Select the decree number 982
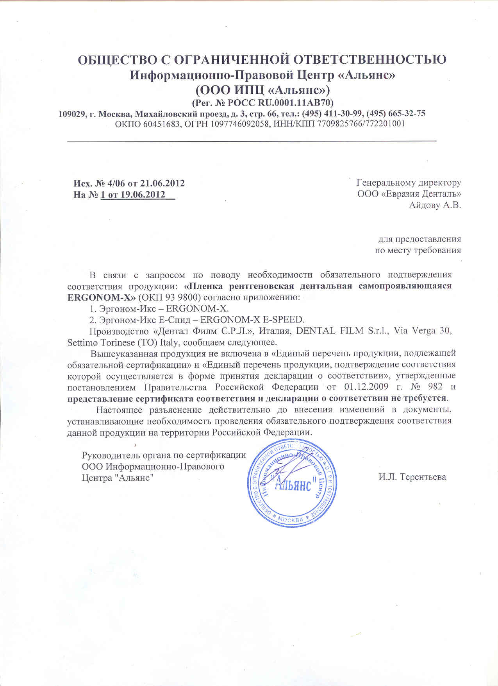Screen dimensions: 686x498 click(435, 387)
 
